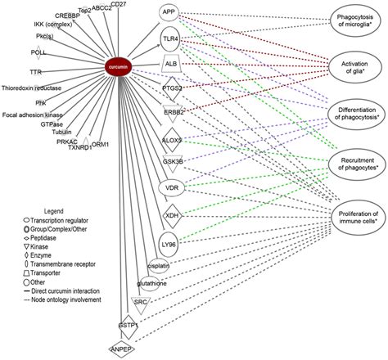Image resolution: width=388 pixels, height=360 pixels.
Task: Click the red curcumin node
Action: pyautogui.click(x=121, y=63)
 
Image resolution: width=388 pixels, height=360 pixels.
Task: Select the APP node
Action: pyautogui.click(x=169, y=13)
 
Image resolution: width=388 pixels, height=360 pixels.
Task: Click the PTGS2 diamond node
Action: pyautogui.click(x=172, y=87)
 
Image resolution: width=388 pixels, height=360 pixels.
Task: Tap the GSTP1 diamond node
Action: pyautogui.click(x=128, y=324)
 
